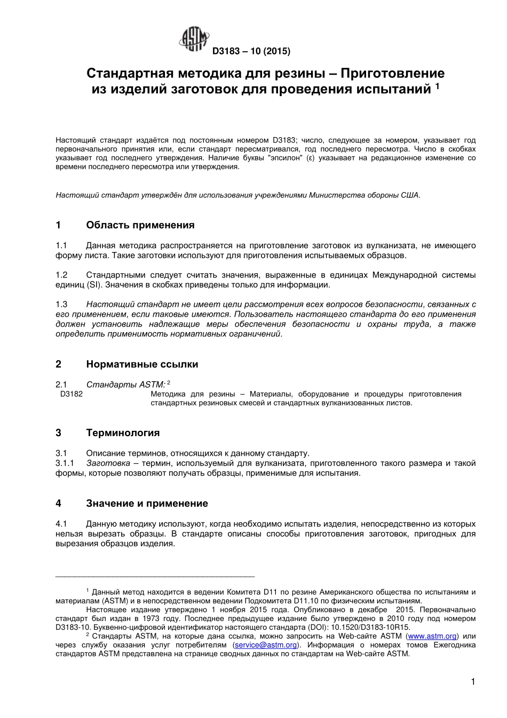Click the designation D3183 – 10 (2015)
click(x=251, y=52)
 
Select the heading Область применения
click(x=140, y=225)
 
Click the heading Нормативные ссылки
click(x=142, y=365)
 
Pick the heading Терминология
click(x=123, y=433)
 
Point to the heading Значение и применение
click(x=147, y=503)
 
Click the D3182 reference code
click(x=72, y=394)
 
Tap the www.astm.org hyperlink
click(x=432, y=636)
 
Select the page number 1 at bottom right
click(x=472, y=681)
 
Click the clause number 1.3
click(x=61, y=304)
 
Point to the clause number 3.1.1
click(x=65, y=463)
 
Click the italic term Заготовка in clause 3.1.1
click(x=108, y=463)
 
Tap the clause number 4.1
click(x=61, y=524)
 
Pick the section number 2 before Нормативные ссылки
click(x=58, y=365)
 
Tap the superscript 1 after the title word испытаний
click(x=437, y=86)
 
